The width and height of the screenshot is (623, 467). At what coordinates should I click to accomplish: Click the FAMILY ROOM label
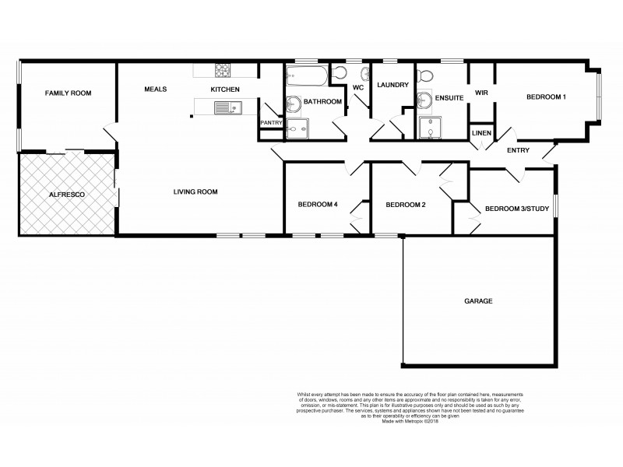pyautogui.click(x=68, y=93)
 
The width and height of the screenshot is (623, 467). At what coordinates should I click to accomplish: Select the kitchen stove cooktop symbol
pyautogui.click(x=223, y=71)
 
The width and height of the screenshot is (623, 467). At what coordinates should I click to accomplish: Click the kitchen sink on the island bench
pyautogui.click(x=227, y=109)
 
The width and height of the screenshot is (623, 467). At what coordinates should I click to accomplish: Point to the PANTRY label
pyautogui.click(x=271, y=122)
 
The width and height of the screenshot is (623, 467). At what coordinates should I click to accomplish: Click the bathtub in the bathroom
pyautogui.click(x=306, y=75)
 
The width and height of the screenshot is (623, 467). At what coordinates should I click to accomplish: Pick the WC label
pyautogui.click(x=358, y=88)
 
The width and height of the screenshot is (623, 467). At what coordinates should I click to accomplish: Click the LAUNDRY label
pyautogui.click(x=392, y=85)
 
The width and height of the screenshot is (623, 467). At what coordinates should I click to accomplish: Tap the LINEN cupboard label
pyautogui.click(x=481, y=133)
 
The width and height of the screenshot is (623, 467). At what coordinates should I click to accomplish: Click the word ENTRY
pyautogui.click(x=519, y=150)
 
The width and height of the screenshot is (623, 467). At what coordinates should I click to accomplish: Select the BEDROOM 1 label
pyautogui.click(x=546, y=97)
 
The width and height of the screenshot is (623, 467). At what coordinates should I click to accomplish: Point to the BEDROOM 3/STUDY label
pyautogui.click(x=517, y=208)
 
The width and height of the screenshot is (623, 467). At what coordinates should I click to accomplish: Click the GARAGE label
pyautogui.click(x=478, y=300)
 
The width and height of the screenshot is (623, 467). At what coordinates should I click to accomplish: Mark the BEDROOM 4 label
pyautogui.click(x=317, y=205)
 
